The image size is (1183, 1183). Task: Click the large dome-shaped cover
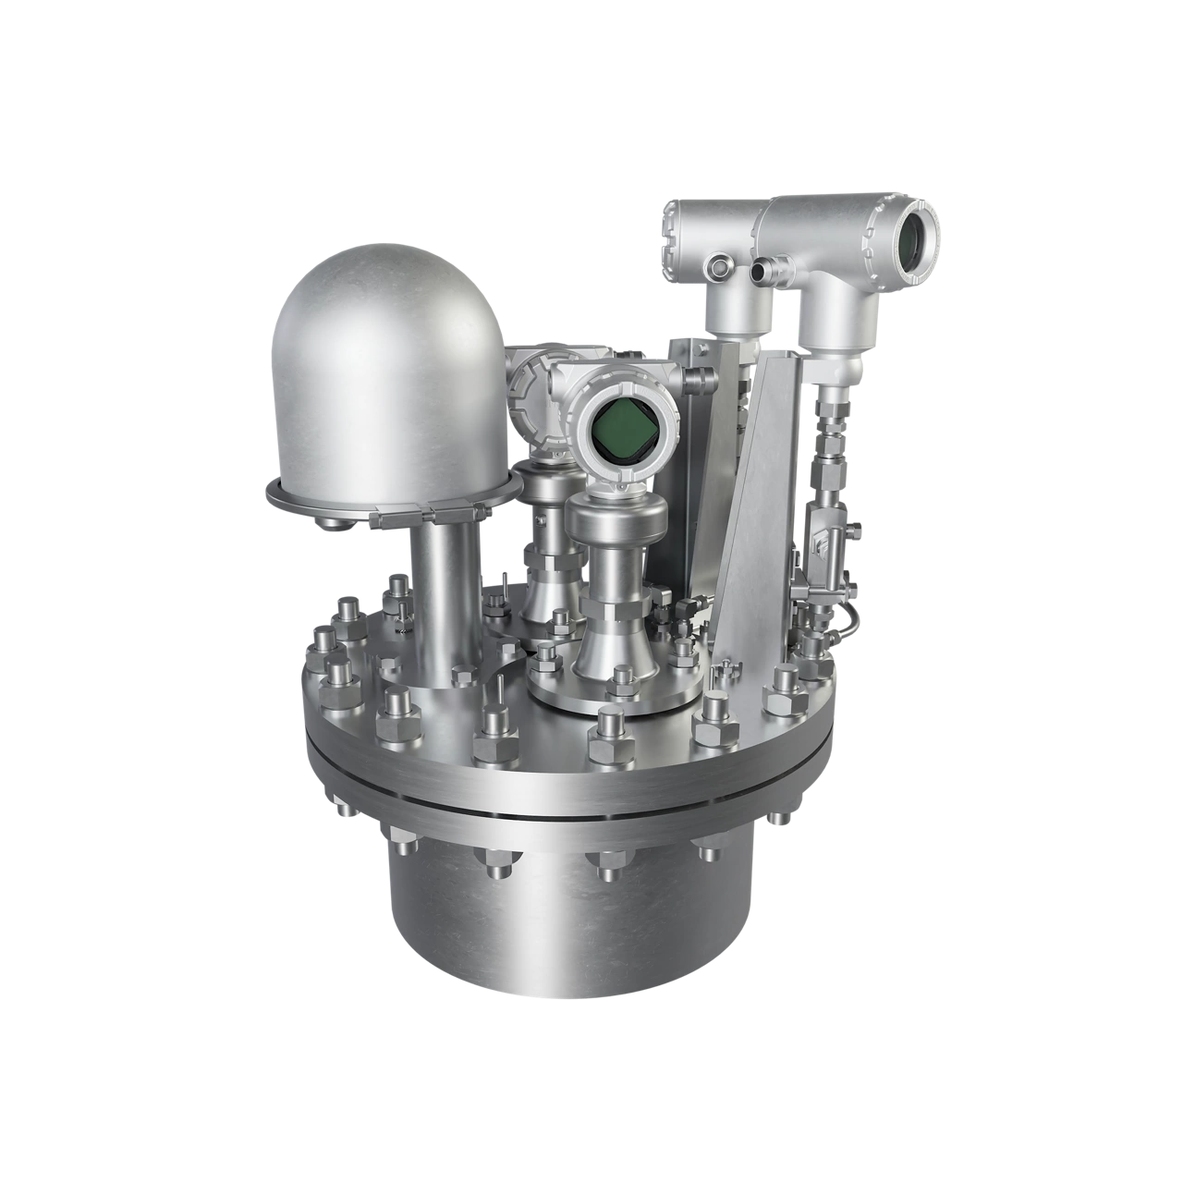(388, 370)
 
